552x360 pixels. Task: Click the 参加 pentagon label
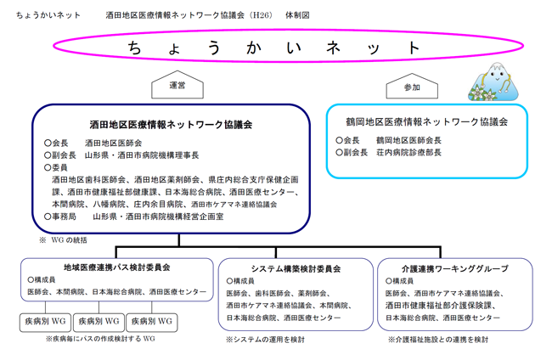pos(412,87)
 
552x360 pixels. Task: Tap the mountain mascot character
pos(493,82)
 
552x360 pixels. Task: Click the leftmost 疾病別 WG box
pos(45,322)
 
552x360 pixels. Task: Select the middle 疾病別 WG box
pos(99,322)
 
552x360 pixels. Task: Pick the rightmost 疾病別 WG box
pos(152,322)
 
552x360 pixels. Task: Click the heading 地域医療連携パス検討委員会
pos(117,267)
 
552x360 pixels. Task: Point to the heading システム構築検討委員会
pos(296,269)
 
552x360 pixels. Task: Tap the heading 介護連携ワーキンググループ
pos(455,269)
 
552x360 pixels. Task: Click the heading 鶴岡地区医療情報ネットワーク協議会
pos(426,122)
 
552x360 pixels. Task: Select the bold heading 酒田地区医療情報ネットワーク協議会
pos(171,125)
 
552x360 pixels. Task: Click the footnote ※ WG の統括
pos(63,240)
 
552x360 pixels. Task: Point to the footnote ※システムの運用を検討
pos(265,340)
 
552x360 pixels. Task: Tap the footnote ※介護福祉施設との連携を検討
pos(438,340)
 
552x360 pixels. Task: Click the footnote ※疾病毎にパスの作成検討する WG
pos(100,339)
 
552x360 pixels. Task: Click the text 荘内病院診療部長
pos(408,152)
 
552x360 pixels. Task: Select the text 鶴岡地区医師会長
pos(408,140)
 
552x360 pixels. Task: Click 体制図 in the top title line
pos(297,15)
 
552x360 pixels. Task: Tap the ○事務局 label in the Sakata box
pos(59,217)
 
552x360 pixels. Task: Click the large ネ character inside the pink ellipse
pos(333,48)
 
